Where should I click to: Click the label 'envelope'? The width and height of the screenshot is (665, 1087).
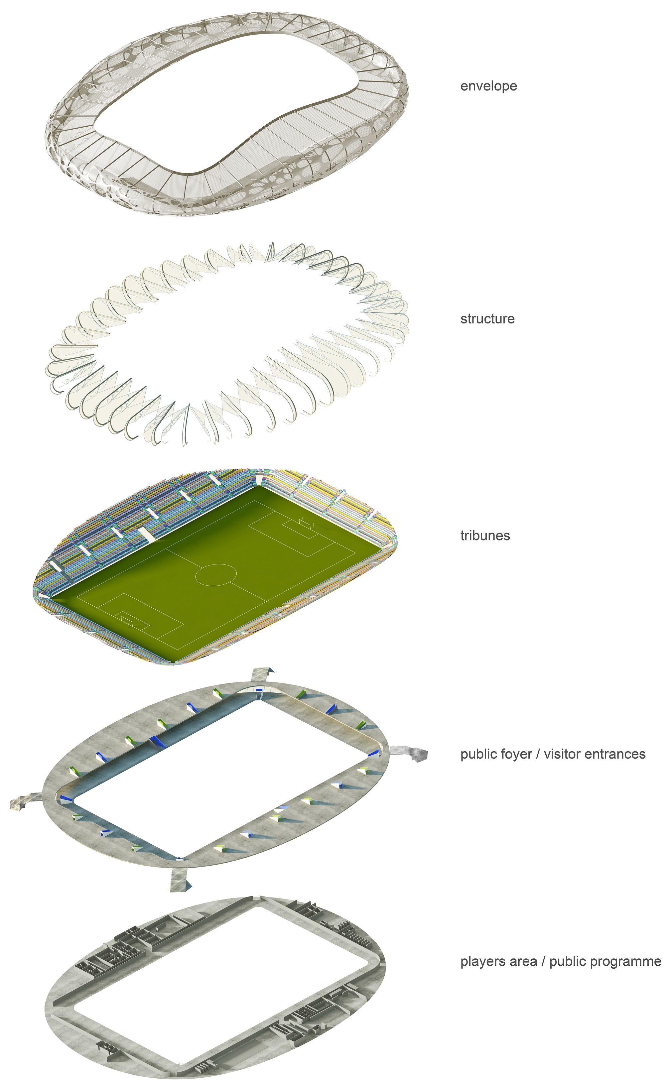tap(488, 86)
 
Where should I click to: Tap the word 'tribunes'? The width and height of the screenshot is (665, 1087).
tap(485, 536)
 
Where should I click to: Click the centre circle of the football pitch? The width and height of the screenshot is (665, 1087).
tap(216, 574)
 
